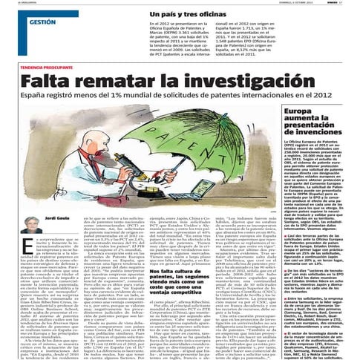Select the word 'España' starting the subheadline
(35, 96)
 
